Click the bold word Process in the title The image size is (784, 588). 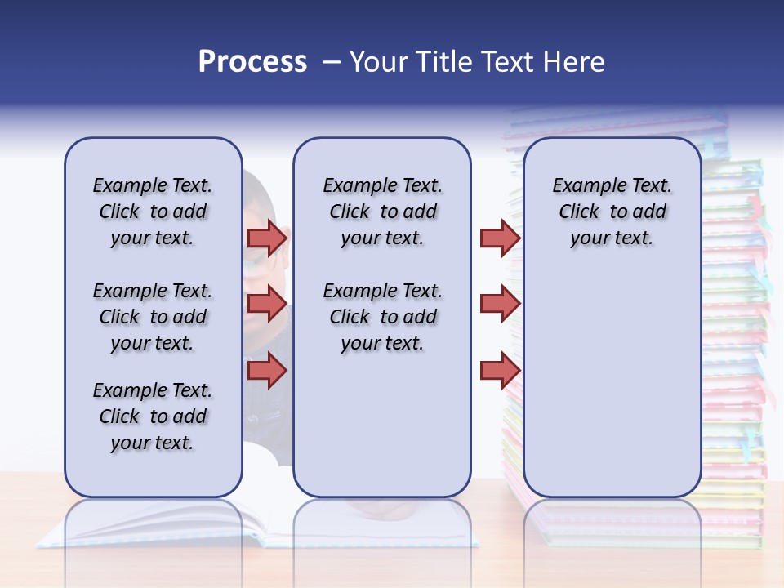[x=252, y=62]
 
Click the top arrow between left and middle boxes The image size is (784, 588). [x=268, y=238]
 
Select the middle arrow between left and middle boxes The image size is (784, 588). [x=268, y=304]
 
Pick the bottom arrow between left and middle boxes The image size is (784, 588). [x=268, y=371]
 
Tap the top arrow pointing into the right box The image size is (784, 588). [x=500, y=238]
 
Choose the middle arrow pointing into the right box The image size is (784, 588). [x=500, y=304]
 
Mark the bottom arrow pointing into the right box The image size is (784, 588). [x=500, y=371]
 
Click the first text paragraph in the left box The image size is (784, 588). [x=153, y=212]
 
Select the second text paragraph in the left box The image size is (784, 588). [x=153, y=317]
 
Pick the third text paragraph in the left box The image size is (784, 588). [x=153, y=416]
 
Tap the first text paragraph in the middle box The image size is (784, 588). [x=382, y=212]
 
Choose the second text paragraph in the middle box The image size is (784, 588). [x=382, y=317]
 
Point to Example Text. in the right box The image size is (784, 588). [x=612, y=185]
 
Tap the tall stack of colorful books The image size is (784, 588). [x=735, y=327]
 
